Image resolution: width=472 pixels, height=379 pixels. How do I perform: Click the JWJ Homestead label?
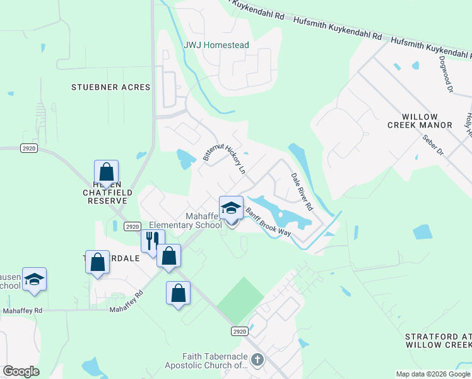click(x=216, y=45)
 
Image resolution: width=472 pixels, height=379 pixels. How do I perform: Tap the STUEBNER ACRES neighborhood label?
click(x=111, y=87)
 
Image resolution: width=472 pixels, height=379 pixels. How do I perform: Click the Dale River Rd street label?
click(x=302, y=191)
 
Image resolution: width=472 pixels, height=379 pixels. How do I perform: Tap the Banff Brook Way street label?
click(x=268, y=222)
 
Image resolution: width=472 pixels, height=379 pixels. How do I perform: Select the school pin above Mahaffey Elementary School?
click(x=231, y=208)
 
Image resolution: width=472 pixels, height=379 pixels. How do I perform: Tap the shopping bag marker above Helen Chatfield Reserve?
click(x=106, y=172)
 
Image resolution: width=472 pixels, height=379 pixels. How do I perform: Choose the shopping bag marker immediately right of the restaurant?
click(x=168, y=256)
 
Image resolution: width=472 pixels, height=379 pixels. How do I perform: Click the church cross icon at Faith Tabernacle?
click(x=256, y=360)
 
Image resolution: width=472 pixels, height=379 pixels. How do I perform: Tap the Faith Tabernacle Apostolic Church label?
click(x=206, y=361)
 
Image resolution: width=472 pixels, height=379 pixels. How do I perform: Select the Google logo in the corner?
click(x=21, y=371)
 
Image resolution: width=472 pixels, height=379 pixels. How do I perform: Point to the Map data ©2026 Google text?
click(x=433, y=374)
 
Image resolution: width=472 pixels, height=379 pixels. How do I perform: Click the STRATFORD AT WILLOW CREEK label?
click(x=437, y=340)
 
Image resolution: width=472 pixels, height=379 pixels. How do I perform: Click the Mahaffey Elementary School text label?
click(x=187, y=220)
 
